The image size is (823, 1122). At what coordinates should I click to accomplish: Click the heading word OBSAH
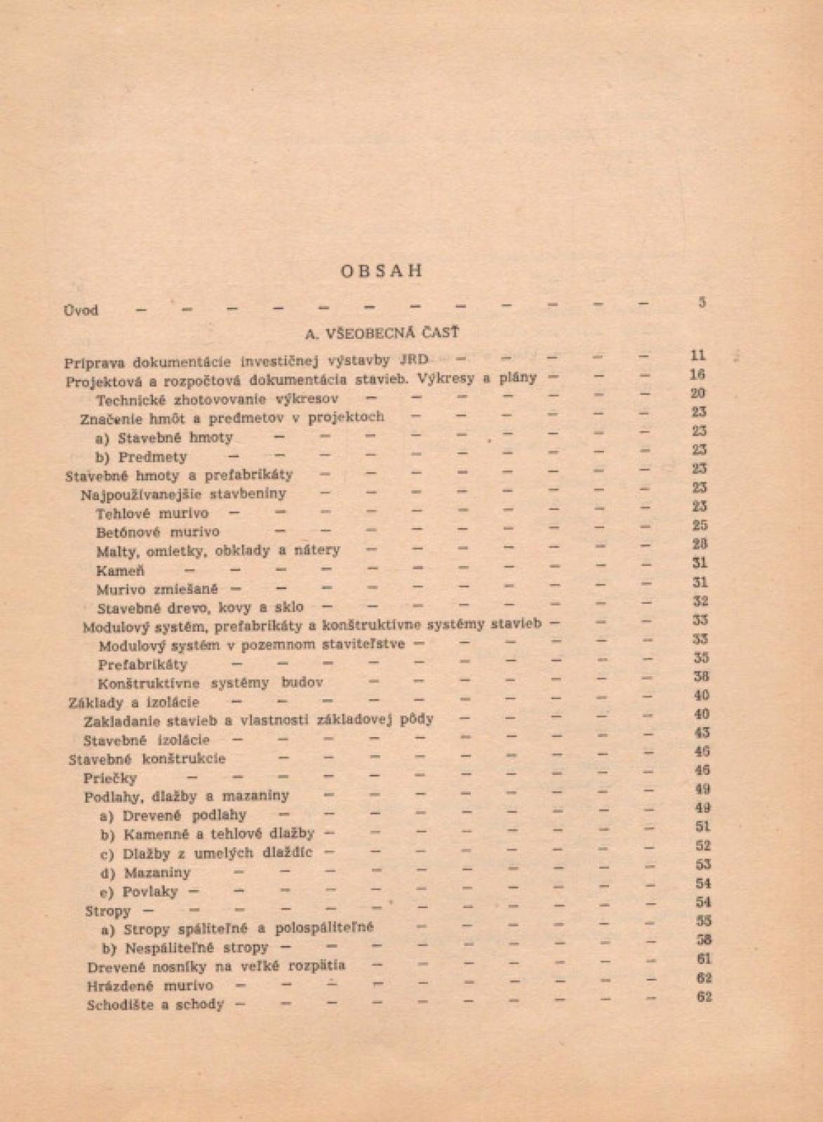coord(382,271)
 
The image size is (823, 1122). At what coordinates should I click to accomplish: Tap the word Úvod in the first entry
coord(81,310)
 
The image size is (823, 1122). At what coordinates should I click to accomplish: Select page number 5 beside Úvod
coord(702,302)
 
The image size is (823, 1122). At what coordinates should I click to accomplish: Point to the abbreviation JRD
coord(413,360)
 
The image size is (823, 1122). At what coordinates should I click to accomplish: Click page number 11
coord(698,356)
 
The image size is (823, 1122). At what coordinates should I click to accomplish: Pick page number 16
coord(698,374)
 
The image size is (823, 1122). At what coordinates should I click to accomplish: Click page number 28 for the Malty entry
coord(699,543)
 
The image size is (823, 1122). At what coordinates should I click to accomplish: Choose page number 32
coord(700,601)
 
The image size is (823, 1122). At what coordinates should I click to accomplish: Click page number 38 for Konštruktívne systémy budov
coord(701,677)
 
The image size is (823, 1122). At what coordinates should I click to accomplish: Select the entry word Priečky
coord(110,778)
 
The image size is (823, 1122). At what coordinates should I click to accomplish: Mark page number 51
coord(702,827)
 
